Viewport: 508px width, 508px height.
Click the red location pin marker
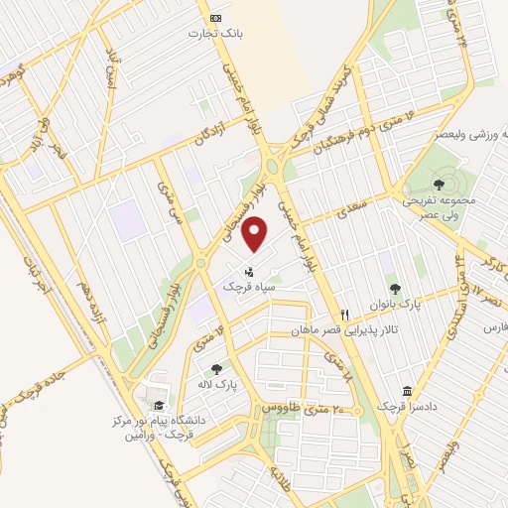pos(256,234)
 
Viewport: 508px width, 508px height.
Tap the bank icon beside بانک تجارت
pos(215,18)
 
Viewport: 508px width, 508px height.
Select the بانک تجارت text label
pos(215,34)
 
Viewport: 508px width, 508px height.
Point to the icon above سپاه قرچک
pos(249,269)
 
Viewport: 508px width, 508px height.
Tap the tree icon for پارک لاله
pos(216,370)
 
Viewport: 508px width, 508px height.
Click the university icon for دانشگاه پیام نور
pos(159,405)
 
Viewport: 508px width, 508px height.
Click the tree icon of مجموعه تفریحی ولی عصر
pos(438,184)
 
